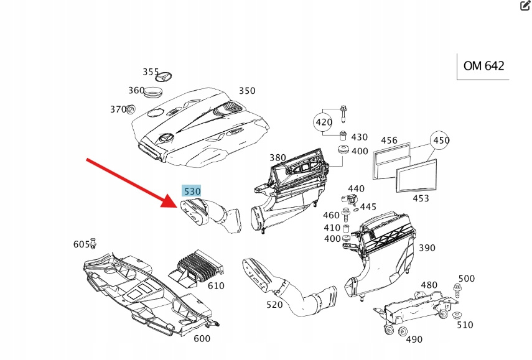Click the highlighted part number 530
pos(191,191)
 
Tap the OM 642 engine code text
pos(483,66)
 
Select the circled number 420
pos(324,122)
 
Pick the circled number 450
pos(441,140)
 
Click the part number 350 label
pos(246,91)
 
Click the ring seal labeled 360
pos(153,93)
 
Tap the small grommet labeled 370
pos(131,110)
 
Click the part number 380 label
pos(278,157)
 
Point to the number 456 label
pos(389,140)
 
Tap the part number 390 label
pos(427,247)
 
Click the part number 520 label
pos(274,305)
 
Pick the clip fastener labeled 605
pos(94,242)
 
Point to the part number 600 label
pos(202,339)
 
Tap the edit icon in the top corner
pos(525,6)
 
